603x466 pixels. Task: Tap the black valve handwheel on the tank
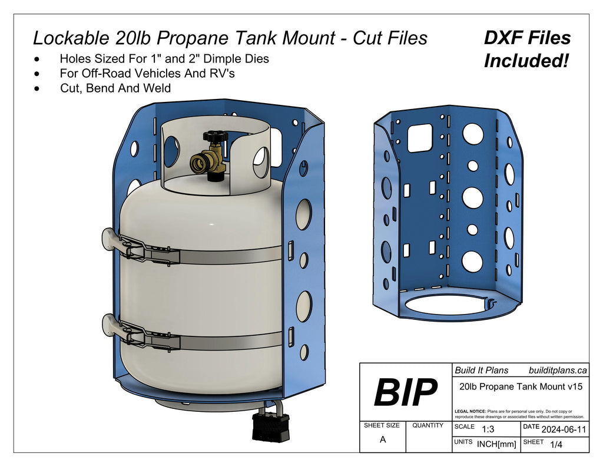pos(216,136)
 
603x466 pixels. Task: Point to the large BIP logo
pos(406,393)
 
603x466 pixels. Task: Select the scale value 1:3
pos(488,429)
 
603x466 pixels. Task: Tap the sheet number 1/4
pos(555,445)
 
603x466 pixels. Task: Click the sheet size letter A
pos(383,439)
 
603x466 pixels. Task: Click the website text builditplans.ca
pos(558,371)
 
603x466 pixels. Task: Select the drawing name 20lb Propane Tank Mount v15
pos(521,386)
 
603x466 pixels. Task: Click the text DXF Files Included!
pos(527,49)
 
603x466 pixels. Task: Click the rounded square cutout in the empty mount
pos(420,138)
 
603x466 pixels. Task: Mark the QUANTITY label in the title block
pos(428,425)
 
